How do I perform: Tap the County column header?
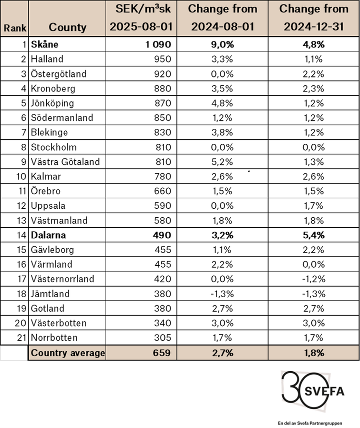[x=67, y=27]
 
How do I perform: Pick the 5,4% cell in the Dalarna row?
[x=313, y=235]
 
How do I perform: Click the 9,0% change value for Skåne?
[x=222, y=44]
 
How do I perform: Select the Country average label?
[x=68, y=353]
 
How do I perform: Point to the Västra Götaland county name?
[x=65, y=162]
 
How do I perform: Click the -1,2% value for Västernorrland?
[x=313, y=279]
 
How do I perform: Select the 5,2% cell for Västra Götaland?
[x=222, y=162]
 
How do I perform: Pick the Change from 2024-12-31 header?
[x=313, y=18]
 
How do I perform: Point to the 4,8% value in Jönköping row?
[x=222, y=103]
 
